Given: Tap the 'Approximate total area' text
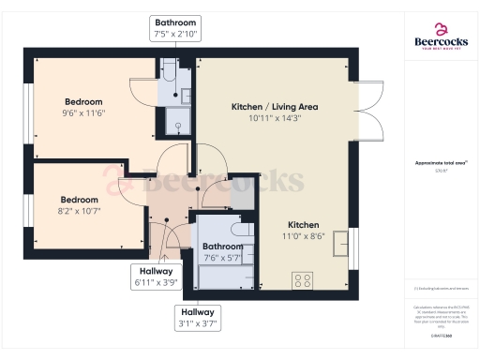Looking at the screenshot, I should [441, 162].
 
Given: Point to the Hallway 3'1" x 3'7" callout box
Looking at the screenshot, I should [198, 318].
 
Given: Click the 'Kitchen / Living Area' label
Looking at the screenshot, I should [275, 107].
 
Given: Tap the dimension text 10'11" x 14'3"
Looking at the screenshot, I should [275, 119].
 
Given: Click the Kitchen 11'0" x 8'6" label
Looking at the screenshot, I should [304, 232].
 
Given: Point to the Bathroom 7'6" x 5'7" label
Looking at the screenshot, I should [222, 252].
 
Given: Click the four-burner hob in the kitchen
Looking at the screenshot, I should [303, 279].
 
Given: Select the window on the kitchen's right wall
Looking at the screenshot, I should [353, 244].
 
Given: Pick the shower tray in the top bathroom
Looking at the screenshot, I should [176, 120].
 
